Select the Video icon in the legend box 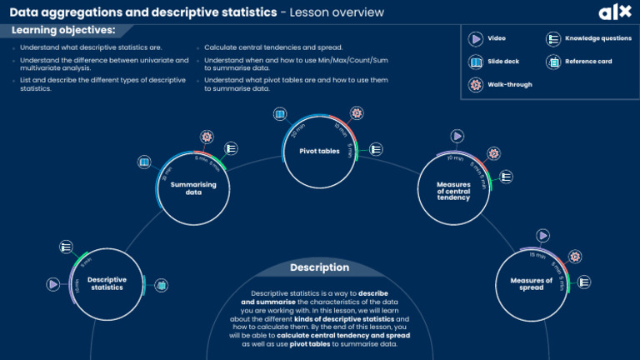coord(475,38)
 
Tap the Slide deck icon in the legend coord(475,62)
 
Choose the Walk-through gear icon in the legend coord(475,84)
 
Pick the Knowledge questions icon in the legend coord(552,38)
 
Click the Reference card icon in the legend coord(552,62)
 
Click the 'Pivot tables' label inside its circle coord(319,151)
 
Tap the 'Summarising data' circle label coord(193,188)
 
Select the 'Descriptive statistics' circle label coord(105,283)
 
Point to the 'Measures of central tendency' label coord(453,191)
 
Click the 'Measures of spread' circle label coord(532,283)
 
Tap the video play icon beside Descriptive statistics coord(52,284)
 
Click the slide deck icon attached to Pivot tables coord(280,114)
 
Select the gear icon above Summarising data coord(207,137)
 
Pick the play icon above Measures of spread coord(542,236)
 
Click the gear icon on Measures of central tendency coord(493,152)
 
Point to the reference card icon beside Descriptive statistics coord(161,284)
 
